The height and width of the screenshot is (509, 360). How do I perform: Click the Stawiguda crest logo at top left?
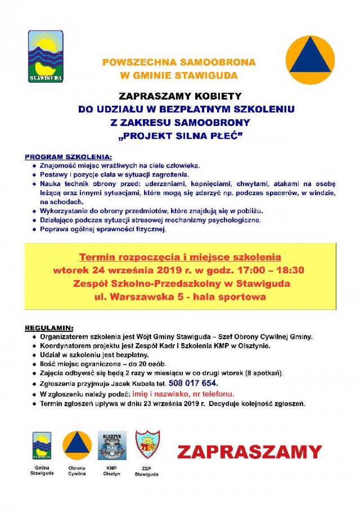[45, 57]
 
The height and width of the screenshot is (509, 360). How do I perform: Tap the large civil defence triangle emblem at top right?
[310, 60]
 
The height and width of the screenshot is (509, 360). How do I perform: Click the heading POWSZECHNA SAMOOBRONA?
[179, 62]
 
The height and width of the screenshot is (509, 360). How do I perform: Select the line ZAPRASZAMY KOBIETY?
[180, 96]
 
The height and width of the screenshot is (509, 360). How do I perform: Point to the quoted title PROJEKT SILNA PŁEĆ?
[180, 136]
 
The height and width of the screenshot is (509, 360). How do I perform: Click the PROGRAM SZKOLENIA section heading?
[67, 157]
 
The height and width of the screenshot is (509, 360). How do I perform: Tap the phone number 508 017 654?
[193, 383]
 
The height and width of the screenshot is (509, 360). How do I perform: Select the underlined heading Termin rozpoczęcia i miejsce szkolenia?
[180, 257]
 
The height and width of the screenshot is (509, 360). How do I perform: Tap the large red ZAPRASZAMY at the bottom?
[249, 451]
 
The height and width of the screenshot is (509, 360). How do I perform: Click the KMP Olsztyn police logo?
[112, 446]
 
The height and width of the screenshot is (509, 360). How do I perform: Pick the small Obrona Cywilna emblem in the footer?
[77, 446]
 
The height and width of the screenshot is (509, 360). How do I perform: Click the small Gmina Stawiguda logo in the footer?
[41, 446]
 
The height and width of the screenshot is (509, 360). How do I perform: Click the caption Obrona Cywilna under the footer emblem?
[77, 471]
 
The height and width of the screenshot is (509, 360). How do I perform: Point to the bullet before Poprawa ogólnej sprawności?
[35, 230]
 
